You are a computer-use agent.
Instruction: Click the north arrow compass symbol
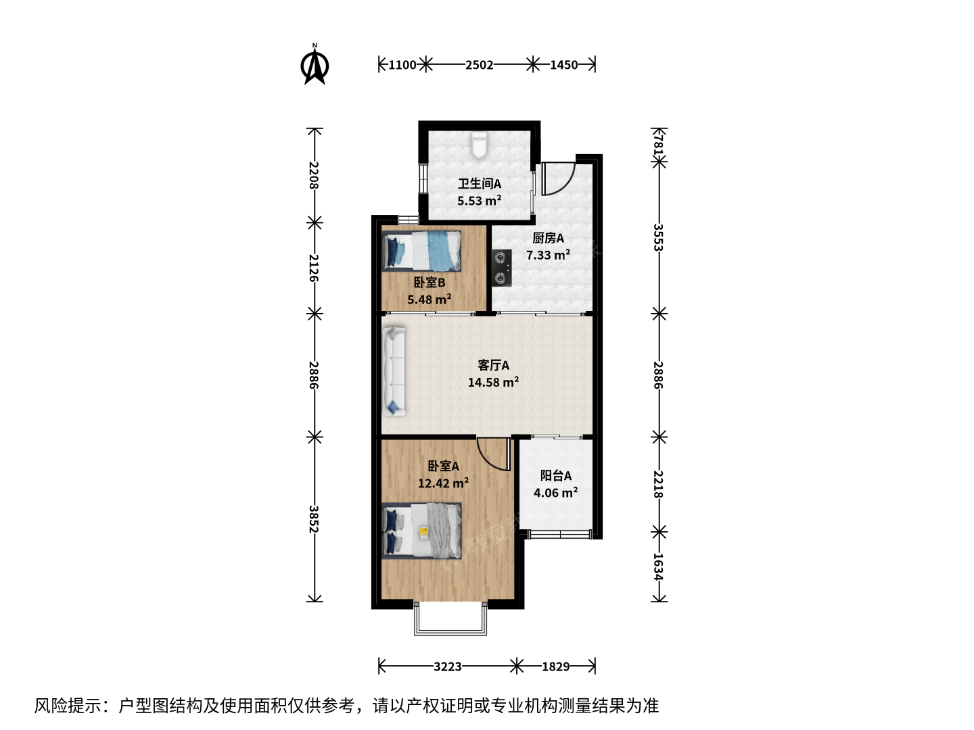click(x=315, y=65)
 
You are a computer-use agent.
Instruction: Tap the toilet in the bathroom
click(x=480, y=145)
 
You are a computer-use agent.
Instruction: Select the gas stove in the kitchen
click(x=501, y=268)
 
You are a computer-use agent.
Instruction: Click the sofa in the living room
click(x=394, y=372)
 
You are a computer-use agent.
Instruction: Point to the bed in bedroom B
click(x=421, y=251)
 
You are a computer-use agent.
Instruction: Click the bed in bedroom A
click(x=421, y=531)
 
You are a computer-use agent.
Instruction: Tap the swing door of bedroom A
click(x=494, y=454)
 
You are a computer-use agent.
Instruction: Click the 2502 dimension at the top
click(x=480, y=65)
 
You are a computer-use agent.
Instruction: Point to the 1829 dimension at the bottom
click(x=555, y=666)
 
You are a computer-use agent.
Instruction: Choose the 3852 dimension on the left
click(x=314, y=519)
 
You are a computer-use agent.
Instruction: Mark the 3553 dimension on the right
click(x=659, y=237)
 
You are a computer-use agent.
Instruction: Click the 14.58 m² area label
click(x=494, y=382)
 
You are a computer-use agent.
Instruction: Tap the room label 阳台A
click(x=555, y=476)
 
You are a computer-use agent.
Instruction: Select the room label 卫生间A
click(x=480, y=183)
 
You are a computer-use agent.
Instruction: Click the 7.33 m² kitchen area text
click(x=548, y=255)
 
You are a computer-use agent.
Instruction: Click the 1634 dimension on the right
click(x=659, y=567)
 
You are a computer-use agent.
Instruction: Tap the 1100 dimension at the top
click(x=402, y=65)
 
